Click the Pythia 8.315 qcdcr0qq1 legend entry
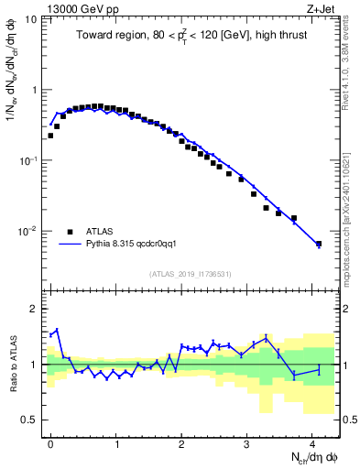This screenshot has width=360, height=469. coord(138,245)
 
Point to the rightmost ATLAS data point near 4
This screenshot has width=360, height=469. coord(319,244)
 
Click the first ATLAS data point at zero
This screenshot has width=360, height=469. coord(50,136)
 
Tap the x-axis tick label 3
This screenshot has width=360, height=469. coord(247,442)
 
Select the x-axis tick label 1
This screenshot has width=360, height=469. coord(116,442)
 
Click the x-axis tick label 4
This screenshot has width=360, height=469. coord(312,442)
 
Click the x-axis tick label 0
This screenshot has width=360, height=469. coord(50,442)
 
